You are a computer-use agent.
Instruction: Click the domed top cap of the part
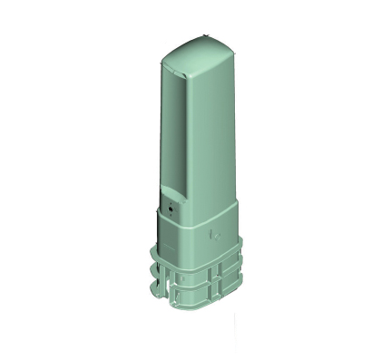(x=200, y=45)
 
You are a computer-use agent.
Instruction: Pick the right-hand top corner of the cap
(x=233, y=54)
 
